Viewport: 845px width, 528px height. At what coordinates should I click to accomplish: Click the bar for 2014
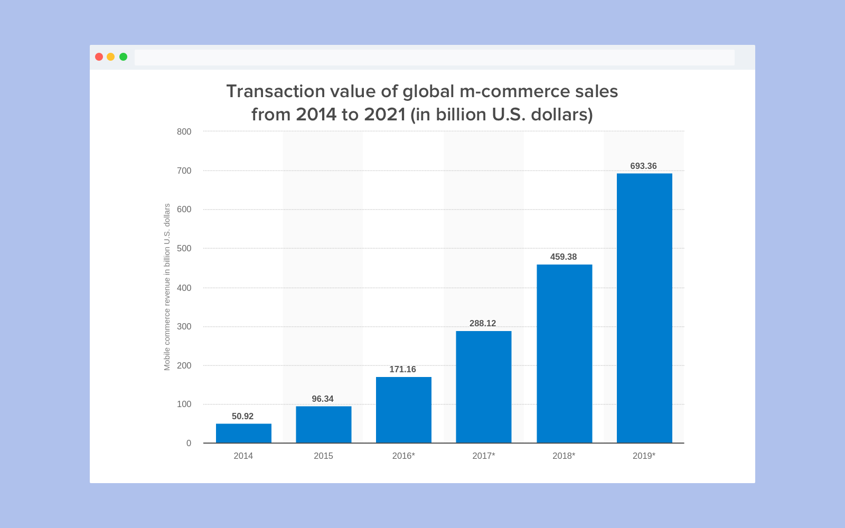click(243, 433)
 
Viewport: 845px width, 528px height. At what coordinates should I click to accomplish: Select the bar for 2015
click(323, 424)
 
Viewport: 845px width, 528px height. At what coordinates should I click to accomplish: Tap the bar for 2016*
click(403, 410)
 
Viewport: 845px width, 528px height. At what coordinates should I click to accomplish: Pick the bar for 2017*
click(483, 386)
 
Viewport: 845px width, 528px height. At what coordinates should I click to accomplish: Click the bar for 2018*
click(564, 353)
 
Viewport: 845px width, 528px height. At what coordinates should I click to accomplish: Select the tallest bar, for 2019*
click(644, 308)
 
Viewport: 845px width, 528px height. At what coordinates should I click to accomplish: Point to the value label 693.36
click(643, 166)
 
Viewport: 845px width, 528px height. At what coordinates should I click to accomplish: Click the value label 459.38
click(564, 257)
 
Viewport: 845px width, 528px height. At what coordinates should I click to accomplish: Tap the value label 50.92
click(242, 416)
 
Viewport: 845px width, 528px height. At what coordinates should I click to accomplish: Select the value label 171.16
click(402, 369)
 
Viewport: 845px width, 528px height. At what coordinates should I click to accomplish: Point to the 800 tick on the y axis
click(184, 131)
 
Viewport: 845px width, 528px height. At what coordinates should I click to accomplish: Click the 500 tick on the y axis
click(184, 248)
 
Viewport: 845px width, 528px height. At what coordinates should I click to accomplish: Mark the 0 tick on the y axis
click(189, 443)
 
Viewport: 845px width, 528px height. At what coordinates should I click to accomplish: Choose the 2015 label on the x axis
click(323, 456)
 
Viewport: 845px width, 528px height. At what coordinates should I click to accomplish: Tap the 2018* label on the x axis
click(564, 456)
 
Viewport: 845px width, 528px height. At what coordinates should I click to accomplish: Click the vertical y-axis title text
click(167, 287)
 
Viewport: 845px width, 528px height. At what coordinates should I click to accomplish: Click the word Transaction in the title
click(276, 91)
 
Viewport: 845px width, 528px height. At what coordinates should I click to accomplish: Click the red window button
click(99, 56)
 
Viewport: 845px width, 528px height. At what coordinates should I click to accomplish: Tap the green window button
click(123, 56)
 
